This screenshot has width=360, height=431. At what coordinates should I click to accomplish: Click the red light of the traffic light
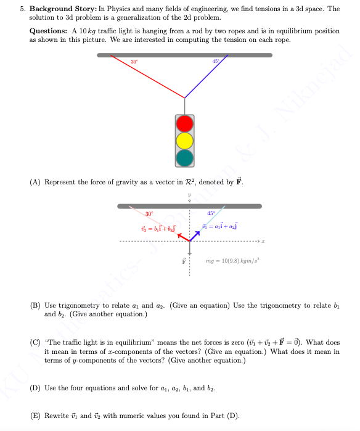click(x=185, y=125)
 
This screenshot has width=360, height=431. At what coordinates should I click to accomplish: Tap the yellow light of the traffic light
click(x=185, y=141)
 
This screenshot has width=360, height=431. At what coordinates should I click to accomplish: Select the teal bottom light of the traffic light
click(x=185, y=158)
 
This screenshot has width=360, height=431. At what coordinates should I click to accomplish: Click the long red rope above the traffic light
click(x=148, y=76)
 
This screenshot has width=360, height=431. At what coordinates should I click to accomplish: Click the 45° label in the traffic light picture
click(x=216, y=61)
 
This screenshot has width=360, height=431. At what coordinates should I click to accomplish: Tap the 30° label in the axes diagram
click(x=149, y=213)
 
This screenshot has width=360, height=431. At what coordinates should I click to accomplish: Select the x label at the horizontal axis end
click(x=263, y=240)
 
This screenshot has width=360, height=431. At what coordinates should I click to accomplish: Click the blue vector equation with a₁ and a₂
click(x=220, y=227)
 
